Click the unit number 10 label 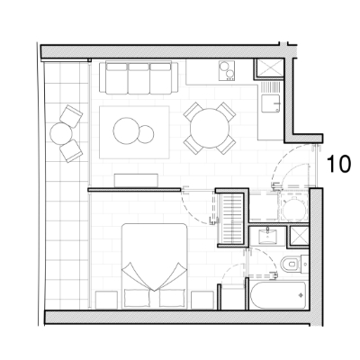tap(338, 164)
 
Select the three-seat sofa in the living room tap(139, 77)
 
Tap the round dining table tap(210, 128)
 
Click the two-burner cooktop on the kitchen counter tap(227, 71)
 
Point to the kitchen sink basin tap(271, 103)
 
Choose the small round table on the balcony tap(61, 134)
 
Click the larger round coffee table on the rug tap(127, 130)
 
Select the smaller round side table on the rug tap(147, 133)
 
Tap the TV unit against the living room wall tap(136, 180)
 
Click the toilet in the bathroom tap(290, 265)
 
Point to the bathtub tap(278, 295)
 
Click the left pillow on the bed tap(138, 297)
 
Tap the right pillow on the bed tap(172, 297)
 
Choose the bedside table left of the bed tap(106, 300)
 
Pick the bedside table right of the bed tap(202, 300)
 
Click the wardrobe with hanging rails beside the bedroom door tap(232, 219)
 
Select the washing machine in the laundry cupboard tap(294, 207)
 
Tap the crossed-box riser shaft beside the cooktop tap(269, 68)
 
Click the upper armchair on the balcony tap(71, 116)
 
